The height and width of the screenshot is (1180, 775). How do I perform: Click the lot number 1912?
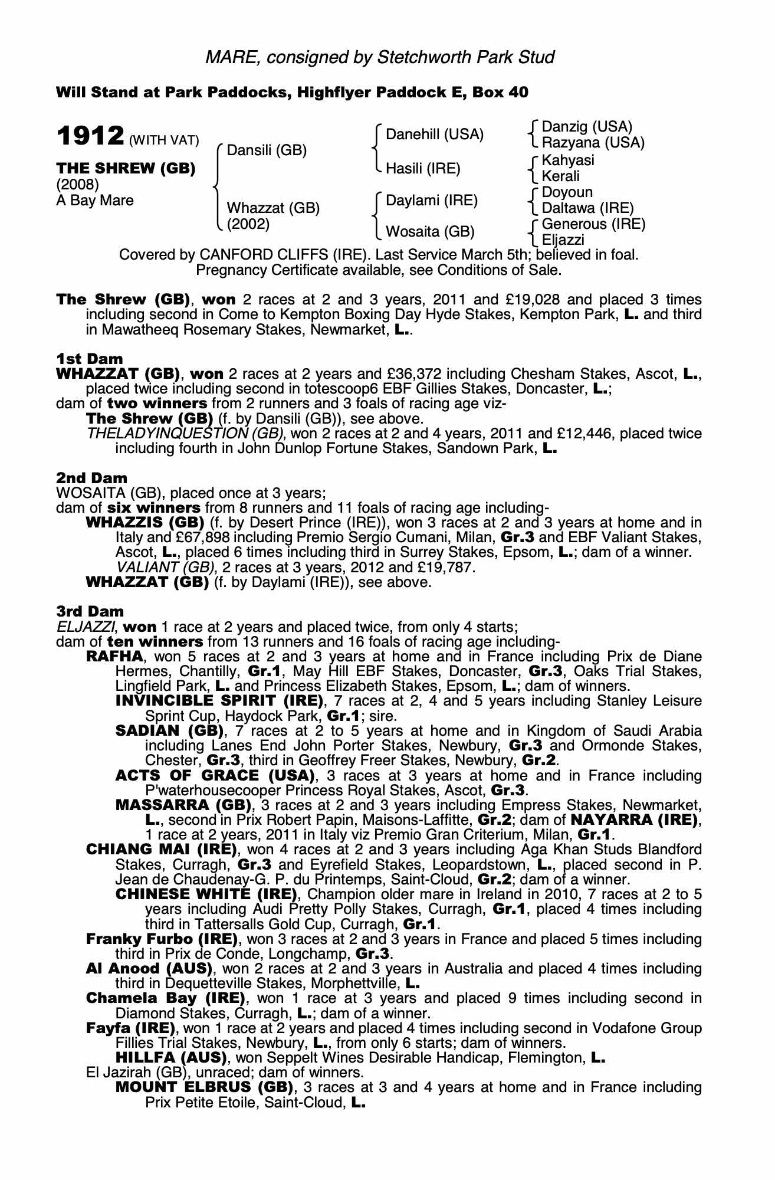[x=90, y=136]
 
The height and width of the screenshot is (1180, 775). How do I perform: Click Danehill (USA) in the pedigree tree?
[x=434, y=135]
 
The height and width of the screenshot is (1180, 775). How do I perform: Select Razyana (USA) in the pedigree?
[x=593, y=143]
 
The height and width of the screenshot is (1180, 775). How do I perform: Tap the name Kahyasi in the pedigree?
[x=567, y=160]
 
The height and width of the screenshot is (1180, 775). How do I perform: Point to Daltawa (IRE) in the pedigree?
[x=587, y=208]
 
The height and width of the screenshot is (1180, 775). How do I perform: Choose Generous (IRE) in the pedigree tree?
[x=593, y=224]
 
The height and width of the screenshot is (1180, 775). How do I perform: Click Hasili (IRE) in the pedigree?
[x=422, y=169]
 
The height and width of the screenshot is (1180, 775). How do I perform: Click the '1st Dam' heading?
[x=90, y=359]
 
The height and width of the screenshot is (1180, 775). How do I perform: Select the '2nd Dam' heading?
[x=91, y=478]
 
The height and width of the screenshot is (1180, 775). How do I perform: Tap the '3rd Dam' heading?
[x=90, y=611]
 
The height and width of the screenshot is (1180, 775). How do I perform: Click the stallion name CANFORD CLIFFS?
[x=257, y=255]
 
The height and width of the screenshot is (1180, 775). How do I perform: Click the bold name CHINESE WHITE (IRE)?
[x=206, y=894]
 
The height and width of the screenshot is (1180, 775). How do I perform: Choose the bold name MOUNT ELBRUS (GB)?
[x=204, y=1087]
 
